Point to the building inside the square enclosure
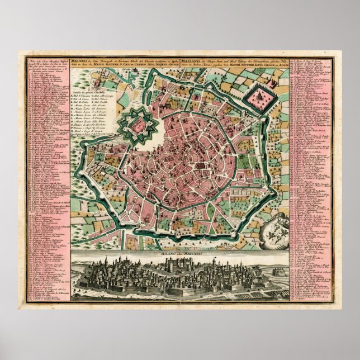(259, 98)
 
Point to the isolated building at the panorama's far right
(277, 272)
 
